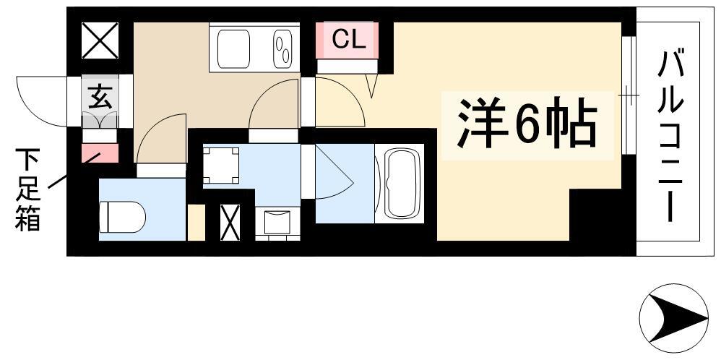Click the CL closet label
(349, 40)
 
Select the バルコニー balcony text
(669, 137)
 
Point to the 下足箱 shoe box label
(28, 189)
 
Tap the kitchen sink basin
(233, 49)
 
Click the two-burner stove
(282, 49)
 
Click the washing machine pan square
(221, 166)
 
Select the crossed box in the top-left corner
(100, 40)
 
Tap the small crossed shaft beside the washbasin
(230, 223)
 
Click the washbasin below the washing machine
(277, 223)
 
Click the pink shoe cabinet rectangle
(100, 153)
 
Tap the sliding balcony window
(629, 95)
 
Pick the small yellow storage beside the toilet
(197, 223)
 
